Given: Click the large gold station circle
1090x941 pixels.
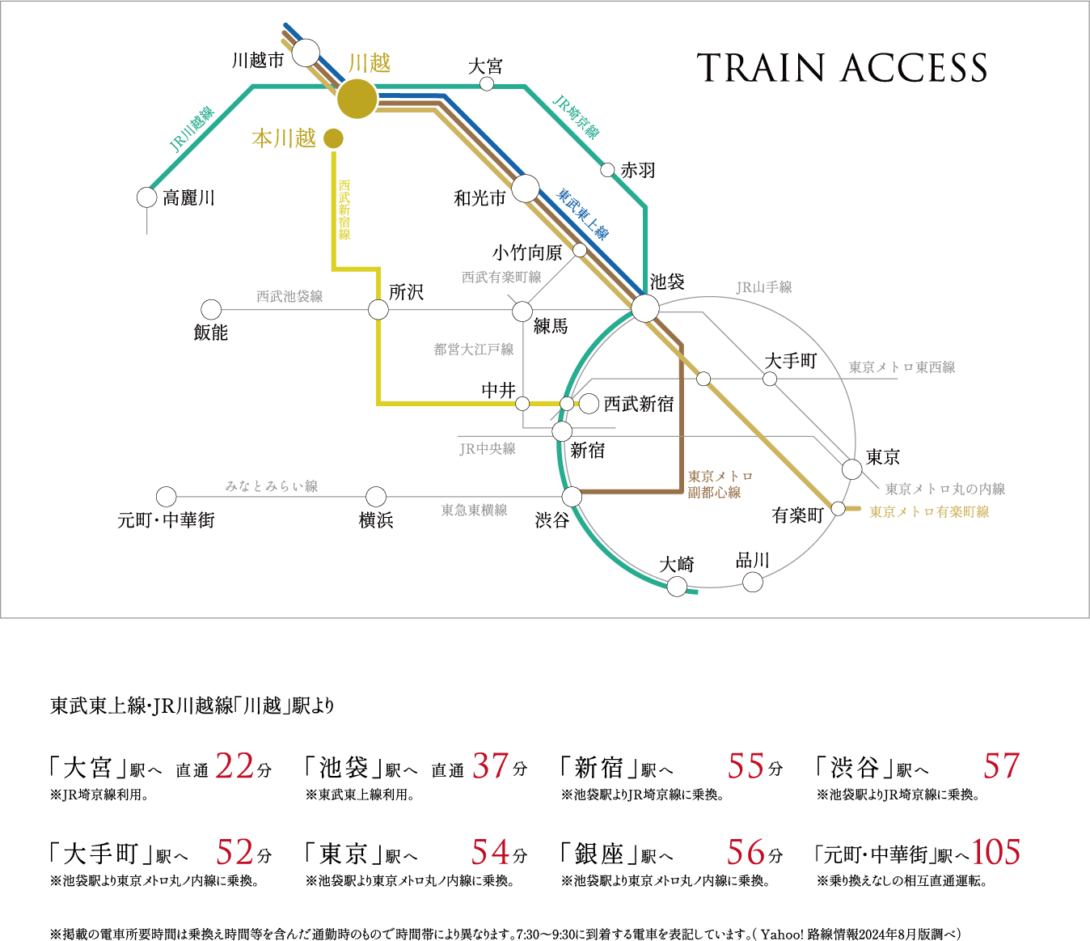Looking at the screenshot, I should pyautogui.click(x=357, y=99).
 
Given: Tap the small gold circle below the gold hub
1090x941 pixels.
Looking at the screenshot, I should pyautogui.click(x=333, y=138).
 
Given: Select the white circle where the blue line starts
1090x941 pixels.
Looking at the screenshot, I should pyautogui.click(x=306, y=53).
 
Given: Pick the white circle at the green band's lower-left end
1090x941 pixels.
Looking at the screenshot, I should pyautogui.click(x=146, y=197).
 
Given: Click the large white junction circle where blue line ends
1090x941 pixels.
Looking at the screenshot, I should pyautogui.click(x=645, y=308).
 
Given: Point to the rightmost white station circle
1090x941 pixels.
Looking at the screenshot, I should pyautogui.click(x=852, y=469).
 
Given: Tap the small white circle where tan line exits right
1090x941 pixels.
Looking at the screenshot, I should pyautogui.click(x=839, y=509).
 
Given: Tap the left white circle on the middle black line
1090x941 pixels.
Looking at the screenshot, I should pyautogui.click(x=211, y=310).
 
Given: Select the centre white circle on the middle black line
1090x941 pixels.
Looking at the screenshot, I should pyautogui.click(x=378, y=310).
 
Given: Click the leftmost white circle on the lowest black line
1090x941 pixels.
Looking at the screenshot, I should pyautogui.click(x=166, y=497).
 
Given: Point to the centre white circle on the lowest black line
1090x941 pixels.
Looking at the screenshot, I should pyautogui.click(x=376, y=497).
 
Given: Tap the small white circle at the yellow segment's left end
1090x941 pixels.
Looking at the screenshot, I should pyautogui.click(x=522, y=404).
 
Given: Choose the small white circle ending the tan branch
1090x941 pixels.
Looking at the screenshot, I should pyautogui.click(x=580, y=250).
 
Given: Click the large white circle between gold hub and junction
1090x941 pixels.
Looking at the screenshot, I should pyautogui.click(x=526, y=189).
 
